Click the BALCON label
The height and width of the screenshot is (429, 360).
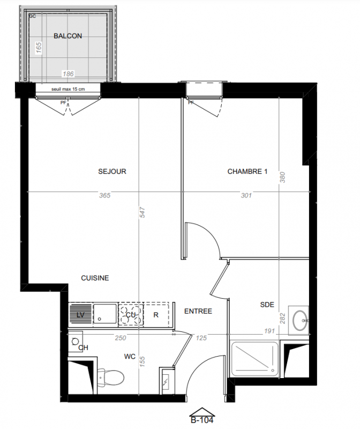point(68,36)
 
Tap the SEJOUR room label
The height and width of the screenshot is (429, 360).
point(112,172)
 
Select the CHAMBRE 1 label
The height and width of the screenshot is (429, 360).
point(247,172)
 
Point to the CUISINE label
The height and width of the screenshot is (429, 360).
point(95,278)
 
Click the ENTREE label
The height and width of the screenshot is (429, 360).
point(198,312)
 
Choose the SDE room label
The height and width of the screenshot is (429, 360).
point(267,305)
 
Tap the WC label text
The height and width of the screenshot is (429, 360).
point(130,357)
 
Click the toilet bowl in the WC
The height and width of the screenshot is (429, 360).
point(111,378)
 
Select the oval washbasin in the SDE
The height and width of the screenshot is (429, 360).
point(300,320)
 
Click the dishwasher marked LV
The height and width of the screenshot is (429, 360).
point(80,315)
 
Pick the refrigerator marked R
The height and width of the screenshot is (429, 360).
point(156,315)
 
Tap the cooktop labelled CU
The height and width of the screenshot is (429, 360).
point(131,315)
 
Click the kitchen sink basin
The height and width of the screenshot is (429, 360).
point(105,314)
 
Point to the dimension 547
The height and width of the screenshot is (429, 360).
point(142,212)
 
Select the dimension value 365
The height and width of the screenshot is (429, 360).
point(104,195)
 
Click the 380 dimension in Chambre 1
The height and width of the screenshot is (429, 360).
point(283,177)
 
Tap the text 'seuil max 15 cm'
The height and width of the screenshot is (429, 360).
point(68,89)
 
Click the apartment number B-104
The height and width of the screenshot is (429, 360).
point(202,420)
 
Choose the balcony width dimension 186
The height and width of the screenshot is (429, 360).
point(68,74)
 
